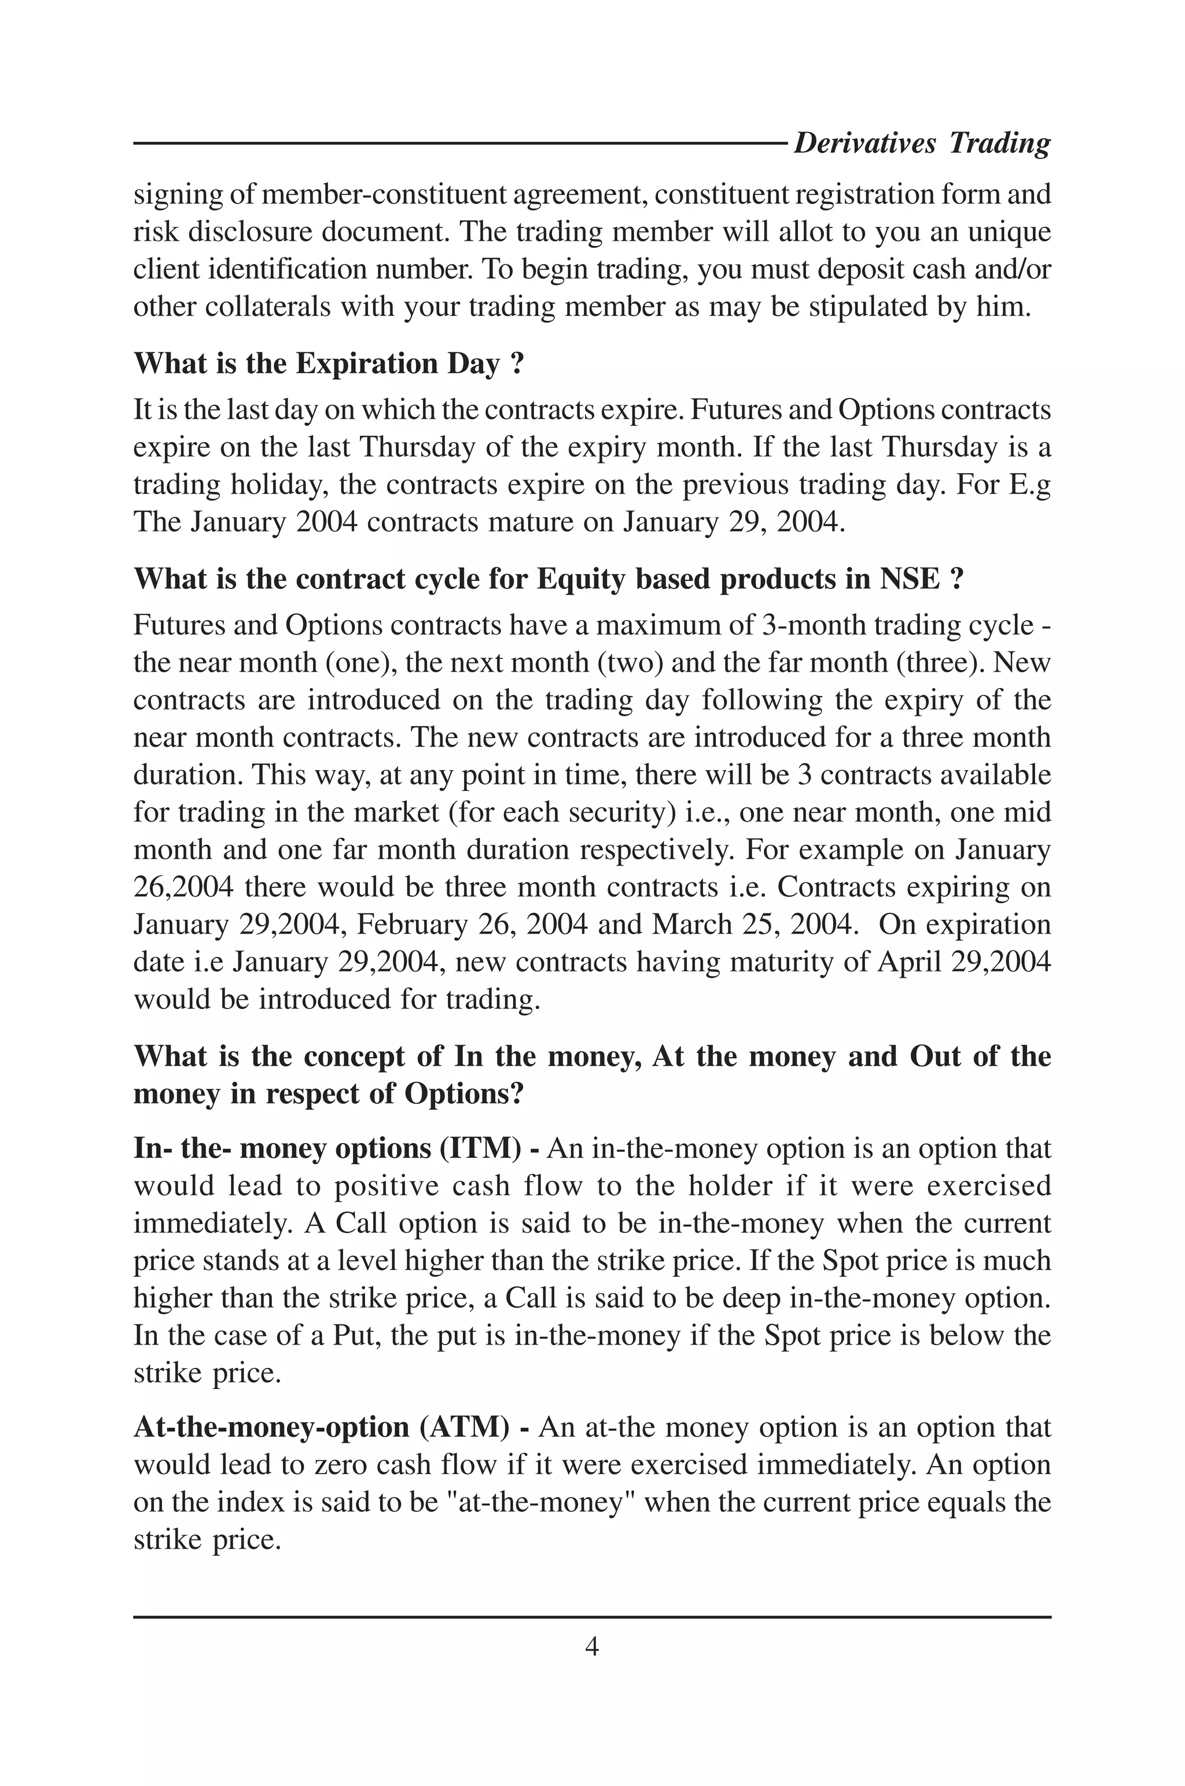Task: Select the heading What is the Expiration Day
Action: tap(329, 364)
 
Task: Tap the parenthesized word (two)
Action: tap(630, 662)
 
